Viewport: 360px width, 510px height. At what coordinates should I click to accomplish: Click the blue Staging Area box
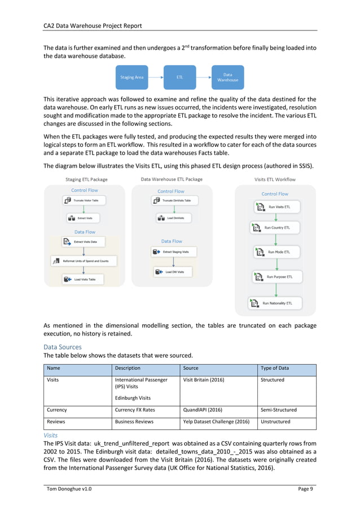(x=131, y=77)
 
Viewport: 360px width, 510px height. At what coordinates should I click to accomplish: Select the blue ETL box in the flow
(x=179, y=77)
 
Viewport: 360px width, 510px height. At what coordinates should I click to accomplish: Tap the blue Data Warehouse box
(x=227, y=77)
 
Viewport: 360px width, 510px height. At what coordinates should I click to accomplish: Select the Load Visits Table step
(x=84, y=279)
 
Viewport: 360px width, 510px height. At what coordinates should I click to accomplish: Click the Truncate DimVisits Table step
(x=174, y=200)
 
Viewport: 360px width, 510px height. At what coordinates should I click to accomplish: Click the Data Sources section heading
(x=63, y=347)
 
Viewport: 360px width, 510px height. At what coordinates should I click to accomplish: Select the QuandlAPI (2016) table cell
(x=203, y=409)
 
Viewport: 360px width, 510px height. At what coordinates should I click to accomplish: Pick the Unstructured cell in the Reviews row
(x=275, y=421)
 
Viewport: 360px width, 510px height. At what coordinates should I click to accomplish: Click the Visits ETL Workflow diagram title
(x=275, y=180)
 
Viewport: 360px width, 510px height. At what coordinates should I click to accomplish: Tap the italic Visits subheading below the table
(x=51, y=435)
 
